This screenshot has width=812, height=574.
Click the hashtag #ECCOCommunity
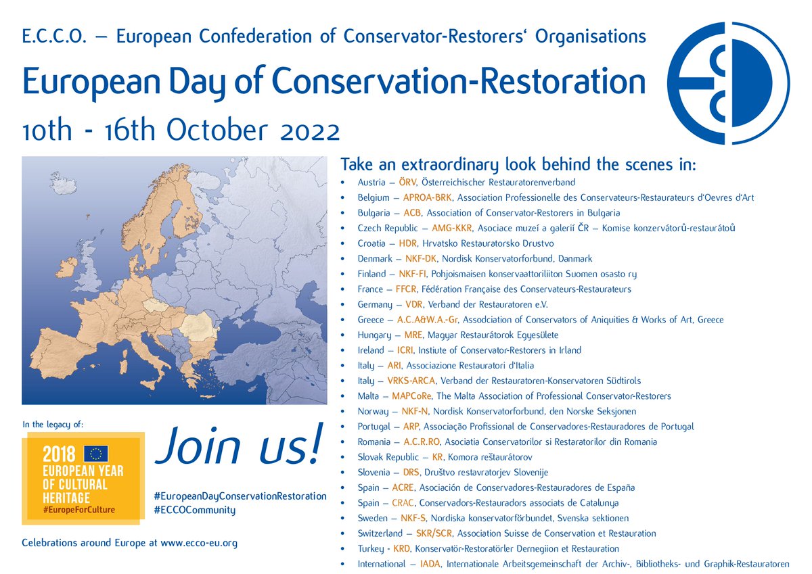[x=195, y=510]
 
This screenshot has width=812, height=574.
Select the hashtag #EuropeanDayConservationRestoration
[x=240, y=496]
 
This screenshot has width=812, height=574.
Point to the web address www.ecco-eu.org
[x=199, y=543]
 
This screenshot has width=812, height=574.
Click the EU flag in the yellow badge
[x=96, y=454]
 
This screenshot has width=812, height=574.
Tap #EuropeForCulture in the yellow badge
[x=78, y=509]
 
